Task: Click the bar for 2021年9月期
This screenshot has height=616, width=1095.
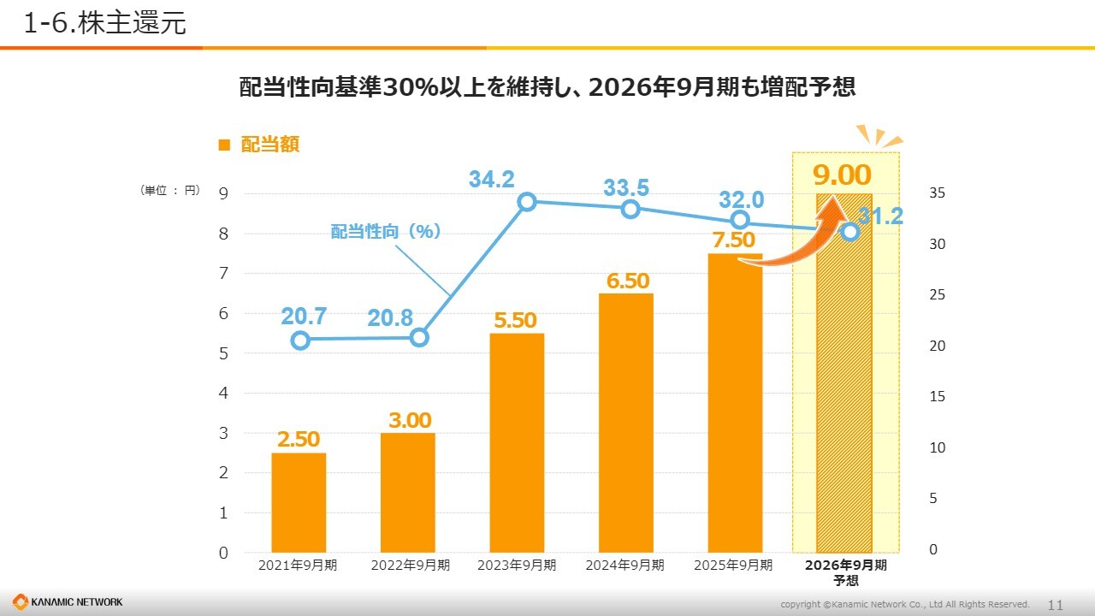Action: (299, 502)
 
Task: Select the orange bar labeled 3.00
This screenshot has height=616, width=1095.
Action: (408, 492)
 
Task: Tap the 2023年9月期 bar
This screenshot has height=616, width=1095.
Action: (517, 442)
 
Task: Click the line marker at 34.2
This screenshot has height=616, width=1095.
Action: (527, 202)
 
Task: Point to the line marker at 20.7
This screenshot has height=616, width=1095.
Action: (300, 341)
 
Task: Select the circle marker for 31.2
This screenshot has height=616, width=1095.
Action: (850, 231)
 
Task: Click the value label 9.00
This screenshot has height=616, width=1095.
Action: (842, 175)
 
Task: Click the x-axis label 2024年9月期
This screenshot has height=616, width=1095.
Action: (624, 566)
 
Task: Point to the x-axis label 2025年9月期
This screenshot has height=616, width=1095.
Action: (733, 566)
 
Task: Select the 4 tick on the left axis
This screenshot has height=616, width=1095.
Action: (223, 394)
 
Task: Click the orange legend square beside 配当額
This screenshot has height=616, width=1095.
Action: (225, 145)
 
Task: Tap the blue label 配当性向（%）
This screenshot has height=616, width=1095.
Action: (385, 231)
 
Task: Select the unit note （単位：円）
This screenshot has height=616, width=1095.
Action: (169, 191)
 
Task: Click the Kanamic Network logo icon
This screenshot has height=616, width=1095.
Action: (20, 602)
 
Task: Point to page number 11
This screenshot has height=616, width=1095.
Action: (1055, 605)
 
